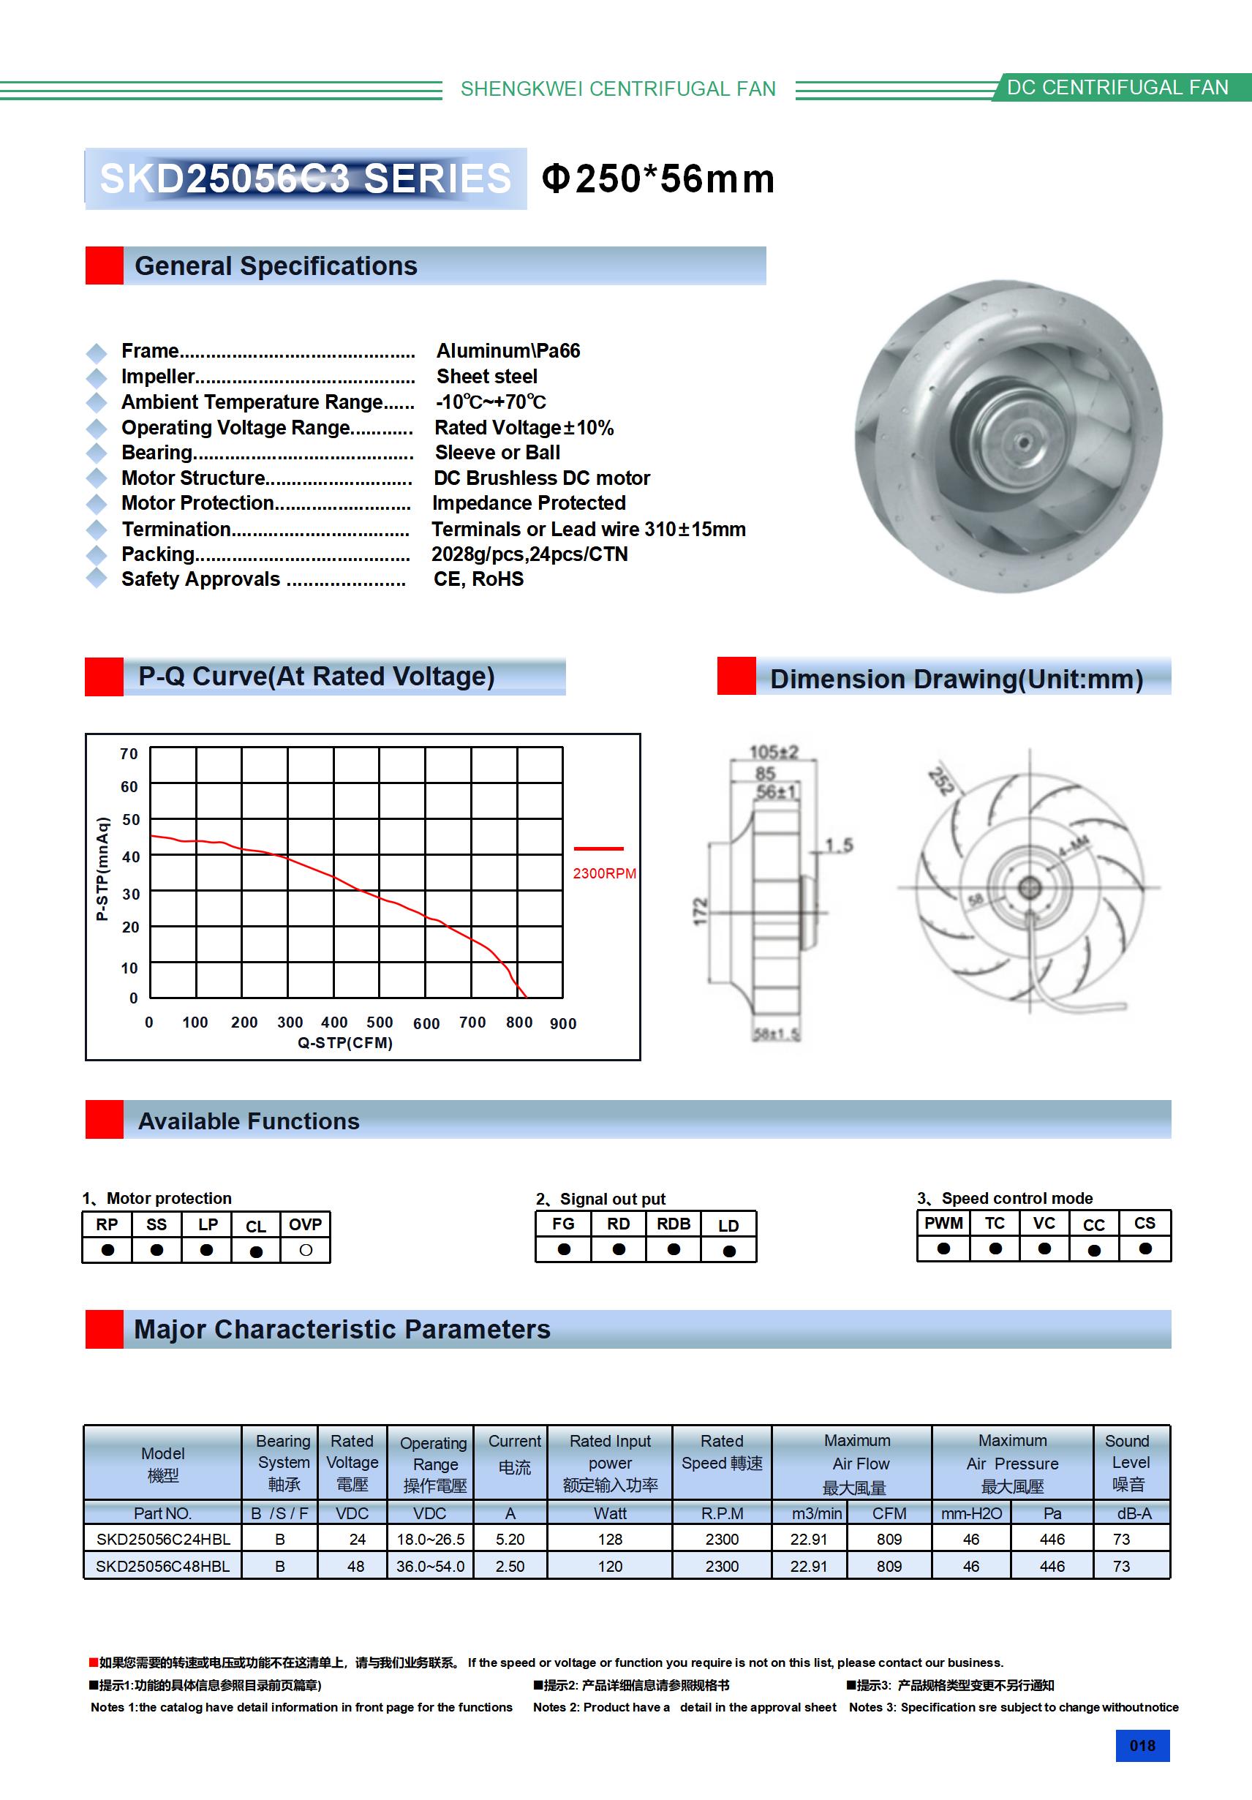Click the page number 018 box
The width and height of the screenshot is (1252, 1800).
(1142, 1745)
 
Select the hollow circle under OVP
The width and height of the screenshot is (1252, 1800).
(306, 1251)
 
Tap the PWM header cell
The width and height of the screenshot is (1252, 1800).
(943, 1224)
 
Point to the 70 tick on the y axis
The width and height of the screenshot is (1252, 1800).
(129, 753)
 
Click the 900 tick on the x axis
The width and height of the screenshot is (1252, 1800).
(563, 1024)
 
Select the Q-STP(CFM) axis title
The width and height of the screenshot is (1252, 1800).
(345, 1043)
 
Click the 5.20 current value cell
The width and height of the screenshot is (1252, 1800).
(510, 1539)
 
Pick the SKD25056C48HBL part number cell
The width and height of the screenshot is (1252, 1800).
(163, 1567)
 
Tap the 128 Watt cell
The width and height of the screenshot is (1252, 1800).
(610, 1539)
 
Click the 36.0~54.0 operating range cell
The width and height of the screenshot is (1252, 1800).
(431, 1567)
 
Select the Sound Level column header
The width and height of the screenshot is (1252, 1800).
(1128, 1462)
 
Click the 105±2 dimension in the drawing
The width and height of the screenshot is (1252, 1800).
(774, 753)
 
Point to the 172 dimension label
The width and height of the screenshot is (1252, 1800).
(701, 911)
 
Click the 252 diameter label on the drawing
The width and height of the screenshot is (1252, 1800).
(940, 782)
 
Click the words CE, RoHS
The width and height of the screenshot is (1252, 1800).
(478, 579)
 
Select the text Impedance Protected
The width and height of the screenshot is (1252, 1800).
(529, 503)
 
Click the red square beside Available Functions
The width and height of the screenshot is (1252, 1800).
(105, 1120)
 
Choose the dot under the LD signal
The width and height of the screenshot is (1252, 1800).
(729, 1251)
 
